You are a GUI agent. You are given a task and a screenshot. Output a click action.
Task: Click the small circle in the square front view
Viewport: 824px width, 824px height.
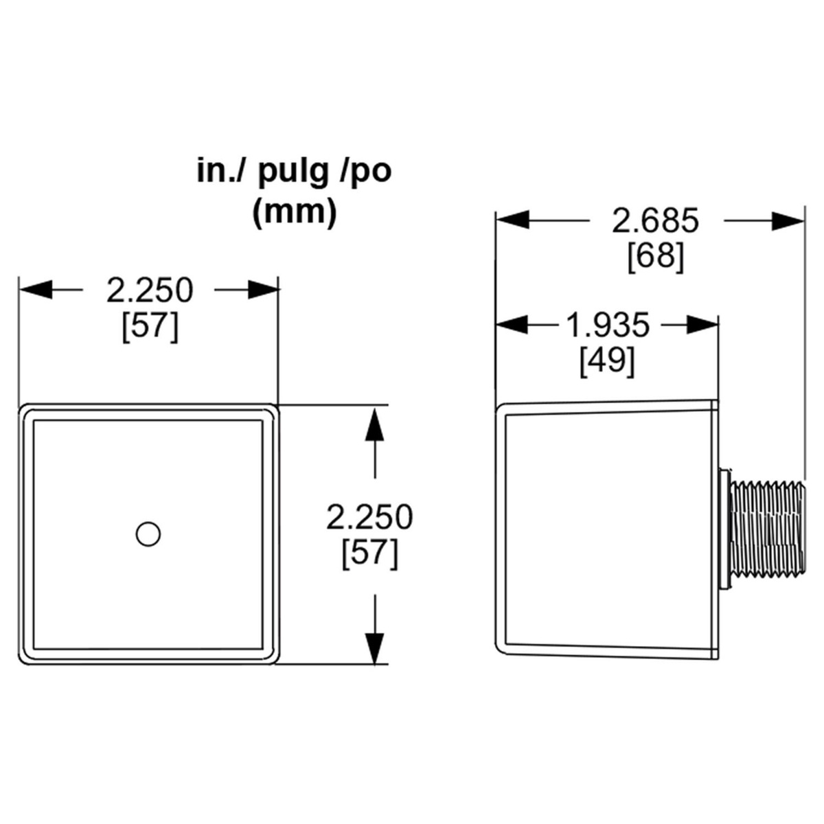(x=148, y=534)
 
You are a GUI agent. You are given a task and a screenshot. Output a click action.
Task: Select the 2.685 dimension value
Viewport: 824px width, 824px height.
(x=655, y=221)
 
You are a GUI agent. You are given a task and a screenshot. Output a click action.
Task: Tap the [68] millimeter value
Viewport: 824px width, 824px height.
(x=656, y=257)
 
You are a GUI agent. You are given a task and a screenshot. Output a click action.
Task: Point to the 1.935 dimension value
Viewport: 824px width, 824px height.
(x=608, y=325)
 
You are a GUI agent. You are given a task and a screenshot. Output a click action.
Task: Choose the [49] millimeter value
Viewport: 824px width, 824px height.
(x=607, y=361)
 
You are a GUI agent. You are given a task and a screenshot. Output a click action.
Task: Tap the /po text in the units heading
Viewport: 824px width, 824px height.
(x=365, y=172)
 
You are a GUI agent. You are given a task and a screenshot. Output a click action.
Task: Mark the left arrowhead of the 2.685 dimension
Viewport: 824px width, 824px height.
(x=512, y=220)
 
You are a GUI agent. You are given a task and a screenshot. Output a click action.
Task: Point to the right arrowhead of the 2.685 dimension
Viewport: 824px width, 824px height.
(x=788, y=220)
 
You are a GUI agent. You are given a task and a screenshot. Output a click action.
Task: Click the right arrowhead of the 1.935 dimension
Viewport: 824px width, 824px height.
(x=702, y=325)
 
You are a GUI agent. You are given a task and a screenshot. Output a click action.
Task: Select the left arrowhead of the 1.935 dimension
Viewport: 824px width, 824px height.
(x=512, y=325)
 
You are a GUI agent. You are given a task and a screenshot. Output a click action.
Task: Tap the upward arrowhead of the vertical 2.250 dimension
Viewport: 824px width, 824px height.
(x=375, y=424)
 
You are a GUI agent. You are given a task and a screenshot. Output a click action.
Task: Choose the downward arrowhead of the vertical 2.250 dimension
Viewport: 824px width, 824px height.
(x=375, y=647)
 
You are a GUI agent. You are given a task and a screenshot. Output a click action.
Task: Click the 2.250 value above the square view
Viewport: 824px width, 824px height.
(x=150, y=290)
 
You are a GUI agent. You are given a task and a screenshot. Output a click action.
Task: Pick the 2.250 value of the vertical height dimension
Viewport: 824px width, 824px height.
(x=369, y=517)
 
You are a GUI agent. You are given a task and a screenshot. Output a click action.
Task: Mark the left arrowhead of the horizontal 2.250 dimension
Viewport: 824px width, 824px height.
(x=36, y=290)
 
